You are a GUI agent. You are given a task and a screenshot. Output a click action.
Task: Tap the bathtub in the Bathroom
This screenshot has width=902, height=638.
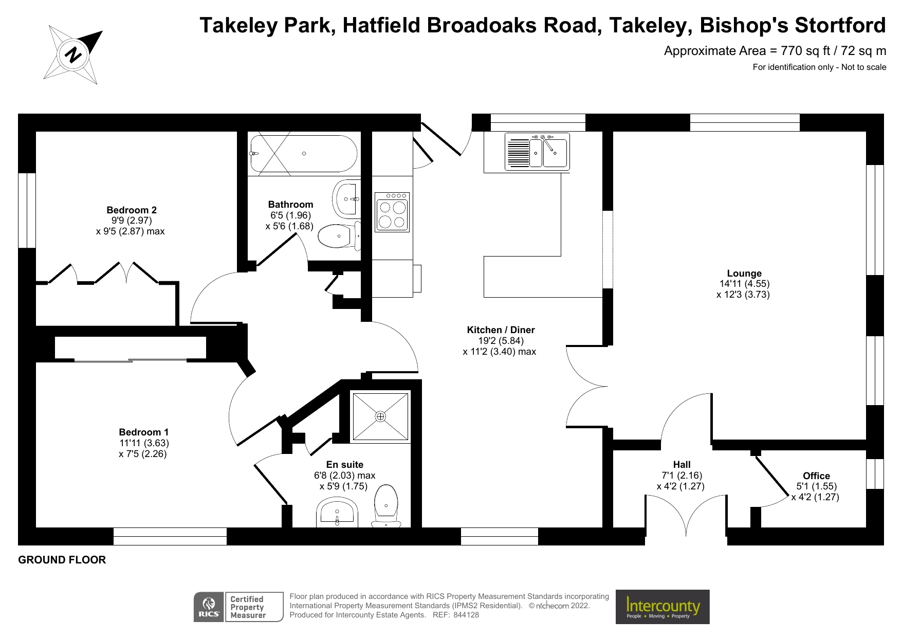click(303, 154)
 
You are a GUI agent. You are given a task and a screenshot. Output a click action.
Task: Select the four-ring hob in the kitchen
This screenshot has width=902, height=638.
click(393, 212)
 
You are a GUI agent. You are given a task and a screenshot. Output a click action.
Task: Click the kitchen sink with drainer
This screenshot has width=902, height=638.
click(537, 151)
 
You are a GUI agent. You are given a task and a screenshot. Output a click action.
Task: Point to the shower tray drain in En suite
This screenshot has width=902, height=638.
click(380, 416)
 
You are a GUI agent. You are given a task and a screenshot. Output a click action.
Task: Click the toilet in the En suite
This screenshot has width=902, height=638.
click(386, 506)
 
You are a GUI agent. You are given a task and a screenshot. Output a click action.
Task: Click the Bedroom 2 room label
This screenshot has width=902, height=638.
click(132, 210)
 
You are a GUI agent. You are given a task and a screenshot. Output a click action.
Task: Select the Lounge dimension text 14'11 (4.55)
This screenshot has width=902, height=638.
click(744, 284)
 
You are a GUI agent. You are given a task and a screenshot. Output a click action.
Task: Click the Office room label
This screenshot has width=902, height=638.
click(816, 476)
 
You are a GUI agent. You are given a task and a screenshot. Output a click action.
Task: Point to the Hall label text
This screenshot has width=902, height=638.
click(682, 465)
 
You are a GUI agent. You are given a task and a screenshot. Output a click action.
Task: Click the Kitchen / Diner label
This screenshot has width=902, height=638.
click(501, 330)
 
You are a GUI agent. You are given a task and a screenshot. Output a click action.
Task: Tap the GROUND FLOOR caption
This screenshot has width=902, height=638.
click(62, 560)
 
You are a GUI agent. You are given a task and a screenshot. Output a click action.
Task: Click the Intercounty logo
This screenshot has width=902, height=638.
click(662, 607)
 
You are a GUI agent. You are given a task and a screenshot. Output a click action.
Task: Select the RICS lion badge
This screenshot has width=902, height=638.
click(209, 607)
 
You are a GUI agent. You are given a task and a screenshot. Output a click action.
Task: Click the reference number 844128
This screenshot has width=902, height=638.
click(466, 615)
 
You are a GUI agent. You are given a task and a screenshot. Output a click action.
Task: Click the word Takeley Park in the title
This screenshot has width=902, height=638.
click(266, 25)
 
